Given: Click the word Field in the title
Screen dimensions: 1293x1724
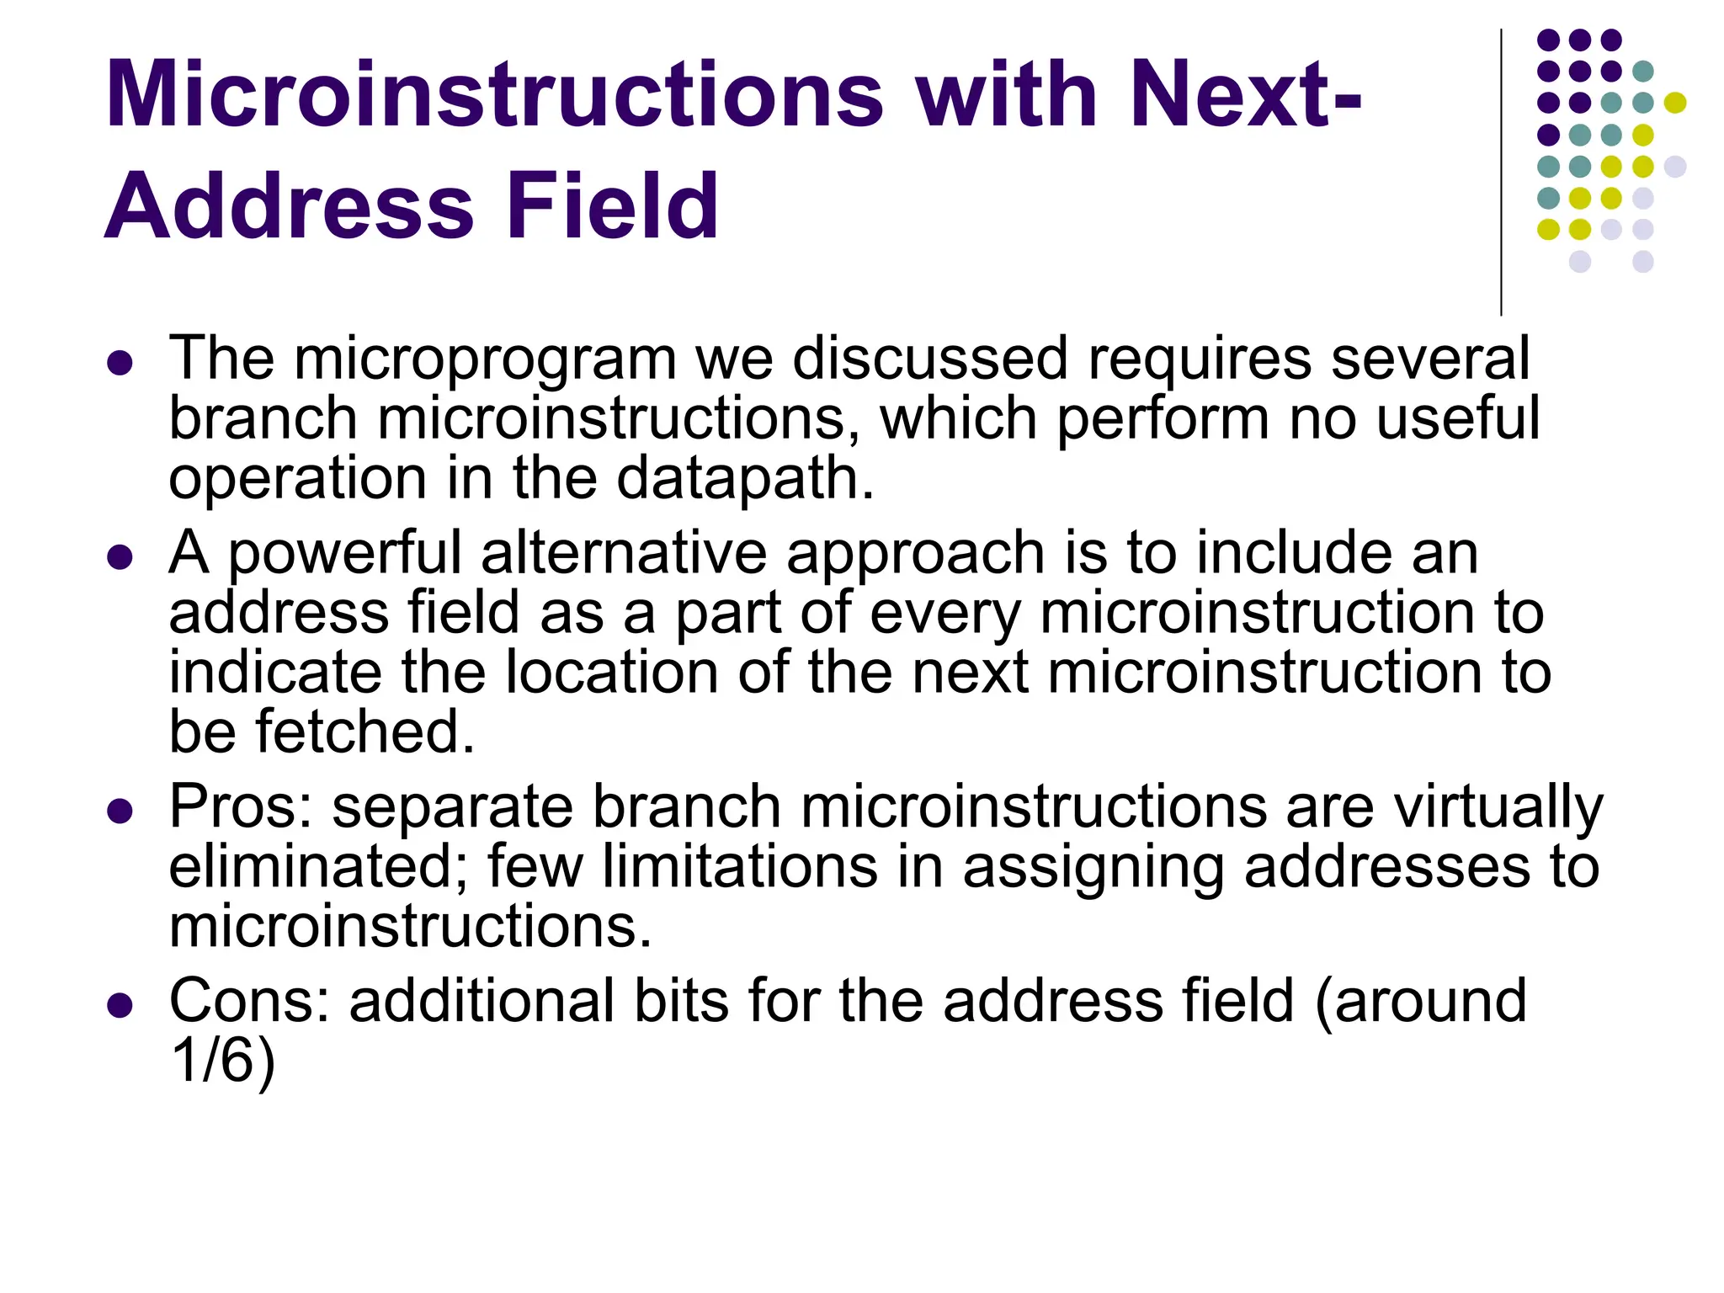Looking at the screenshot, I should tap(612, 205).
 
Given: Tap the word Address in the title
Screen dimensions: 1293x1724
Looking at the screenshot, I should tap(290, 205).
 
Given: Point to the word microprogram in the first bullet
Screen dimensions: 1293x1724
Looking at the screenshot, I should tap(485, 360).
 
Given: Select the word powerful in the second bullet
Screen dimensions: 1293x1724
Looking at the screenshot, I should tap(345, 554).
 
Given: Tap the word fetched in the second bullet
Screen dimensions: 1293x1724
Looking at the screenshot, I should tap(365, 732).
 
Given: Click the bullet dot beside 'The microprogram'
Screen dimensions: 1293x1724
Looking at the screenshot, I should tap(120, 363).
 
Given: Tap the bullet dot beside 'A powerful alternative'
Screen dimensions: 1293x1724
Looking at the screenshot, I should tap(120, 556).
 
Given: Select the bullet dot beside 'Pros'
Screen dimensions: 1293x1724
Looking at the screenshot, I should tap(120, 811).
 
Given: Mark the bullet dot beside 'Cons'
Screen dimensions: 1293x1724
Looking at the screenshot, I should tap(120, 1004).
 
